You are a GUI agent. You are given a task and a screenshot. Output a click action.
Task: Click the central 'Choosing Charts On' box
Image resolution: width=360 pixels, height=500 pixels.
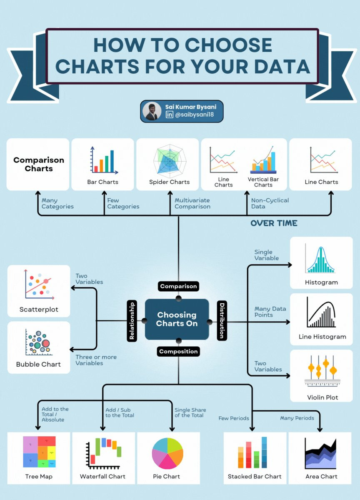pos(177,319)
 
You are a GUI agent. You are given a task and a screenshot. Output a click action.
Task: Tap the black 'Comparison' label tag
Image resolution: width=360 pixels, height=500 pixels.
pos(178,286)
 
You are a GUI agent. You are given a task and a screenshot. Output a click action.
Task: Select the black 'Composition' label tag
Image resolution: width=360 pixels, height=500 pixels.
pos(178,351)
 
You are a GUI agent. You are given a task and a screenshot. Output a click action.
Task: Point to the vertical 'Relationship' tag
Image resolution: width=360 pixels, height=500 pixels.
pos(132,321)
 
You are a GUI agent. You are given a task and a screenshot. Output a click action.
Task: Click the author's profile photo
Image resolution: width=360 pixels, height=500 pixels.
pos(152,111)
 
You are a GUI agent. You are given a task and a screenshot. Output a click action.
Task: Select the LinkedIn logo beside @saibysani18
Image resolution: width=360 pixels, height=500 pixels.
pos(169,115)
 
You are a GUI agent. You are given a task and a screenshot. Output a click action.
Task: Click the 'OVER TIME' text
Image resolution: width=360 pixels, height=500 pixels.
pos(274,223)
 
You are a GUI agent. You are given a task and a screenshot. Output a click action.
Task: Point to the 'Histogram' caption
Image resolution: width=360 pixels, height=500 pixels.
pos(321,282)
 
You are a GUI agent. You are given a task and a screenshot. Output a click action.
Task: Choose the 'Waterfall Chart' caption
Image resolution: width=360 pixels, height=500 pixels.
pos(102,476)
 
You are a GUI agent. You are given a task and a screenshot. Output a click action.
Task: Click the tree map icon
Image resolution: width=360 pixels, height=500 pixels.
pos(39,452)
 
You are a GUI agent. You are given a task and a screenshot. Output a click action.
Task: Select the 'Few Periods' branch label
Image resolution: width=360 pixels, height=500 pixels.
pos(234,418)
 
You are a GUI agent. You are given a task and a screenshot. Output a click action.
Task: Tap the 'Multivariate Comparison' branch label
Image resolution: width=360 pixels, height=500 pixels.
pos(192,203)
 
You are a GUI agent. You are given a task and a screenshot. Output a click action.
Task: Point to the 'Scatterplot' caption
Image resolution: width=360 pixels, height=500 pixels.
pos(39,310)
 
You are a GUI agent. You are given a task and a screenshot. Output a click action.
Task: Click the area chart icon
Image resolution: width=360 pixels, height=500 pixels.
pos(320,453)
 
